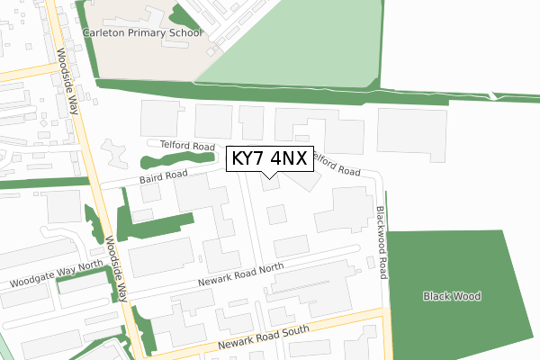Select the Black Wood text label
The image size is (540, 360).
click(452, 296)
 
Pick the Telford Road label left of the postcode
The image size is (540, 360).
click(187, 146)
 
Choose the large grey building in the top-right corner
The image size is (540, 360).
click(410, 135)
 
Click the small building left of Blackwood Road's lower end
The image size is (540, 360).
click(370, 263)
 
